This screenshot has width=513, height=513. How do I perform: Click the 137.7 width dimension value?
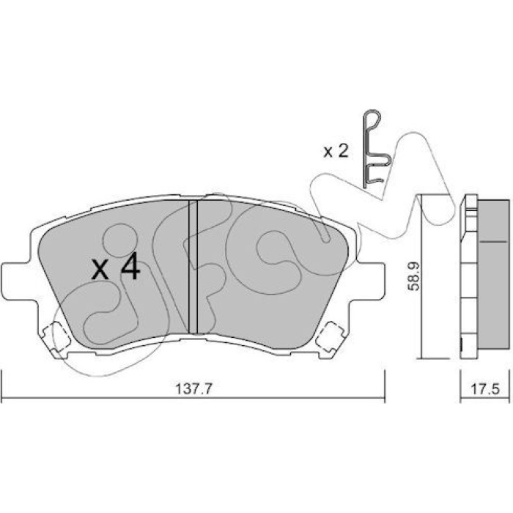click(194, 389)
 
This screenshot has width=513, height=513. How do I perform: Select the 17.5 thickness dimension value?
click(485, 389)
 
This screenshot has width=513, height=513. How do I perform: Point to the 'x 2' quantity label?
click(336, 152)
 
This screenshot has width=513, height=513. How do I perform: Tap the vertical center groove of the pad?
click(193, 267)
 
